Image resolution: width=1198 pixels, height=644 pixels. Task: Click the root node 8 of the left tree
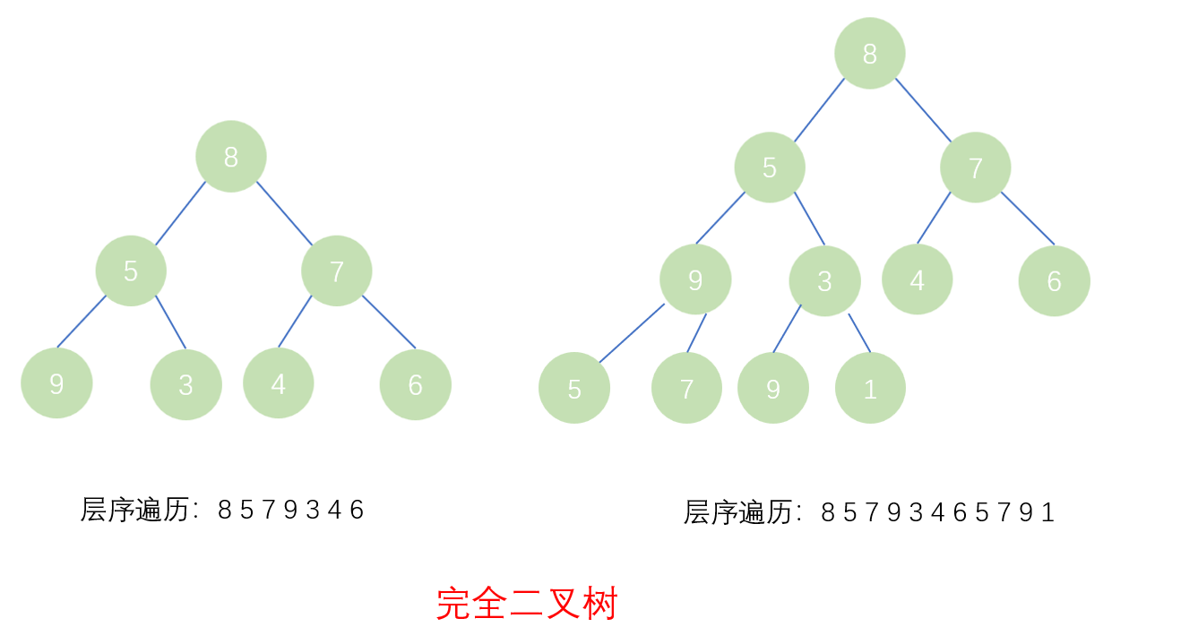point(231,157)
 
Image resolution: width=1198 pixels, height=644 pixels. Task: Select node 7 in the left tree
point(337,270)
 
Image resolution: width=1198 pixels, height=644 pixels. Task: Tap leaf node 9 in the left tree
point(56,383)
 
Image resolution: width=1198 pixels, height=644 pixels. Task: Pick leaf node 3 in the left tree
point(185,384)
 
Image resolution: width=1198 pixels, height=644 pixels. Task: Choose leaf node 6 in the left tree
point(415,384)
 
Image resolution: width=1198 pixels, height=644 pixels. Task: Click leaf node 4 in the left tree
point(279,383)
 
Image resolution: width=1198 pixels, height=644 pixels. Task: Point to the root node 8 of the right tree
point(869,54)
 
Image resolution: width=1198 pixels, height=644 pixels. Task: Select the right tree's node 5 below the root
point(770,167)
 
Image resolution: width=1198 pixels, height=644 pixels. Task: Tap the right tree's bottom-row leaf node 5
point(574,388)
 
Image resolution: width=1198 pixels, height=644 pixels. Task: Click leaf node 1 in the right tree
point(870,388)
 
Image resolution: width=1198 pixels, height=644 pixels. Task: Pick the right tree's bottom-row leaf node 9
point(773,388)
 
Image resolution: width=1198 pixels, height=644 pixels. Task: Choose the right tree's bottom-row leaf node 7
point(686,388)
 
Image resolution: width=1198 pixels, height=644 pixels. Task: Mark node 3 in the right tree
point(824,280)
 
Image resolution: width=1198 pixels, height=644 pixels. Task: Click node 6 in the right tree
point(1054,280)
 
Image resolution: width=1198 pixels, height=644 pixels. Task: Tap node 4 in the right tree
point(917,279)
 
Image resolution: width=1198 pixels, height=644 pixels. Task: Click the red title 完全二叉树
point(527,604)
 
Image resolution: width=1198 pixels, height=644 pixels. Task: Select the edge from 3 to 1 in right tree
point(859,332)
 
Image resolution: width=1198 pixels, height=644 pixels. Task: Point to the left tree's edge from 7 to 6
point(389,322)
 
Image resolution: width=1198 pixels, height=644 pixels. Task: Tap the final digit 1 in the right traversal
point(1047,512)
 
